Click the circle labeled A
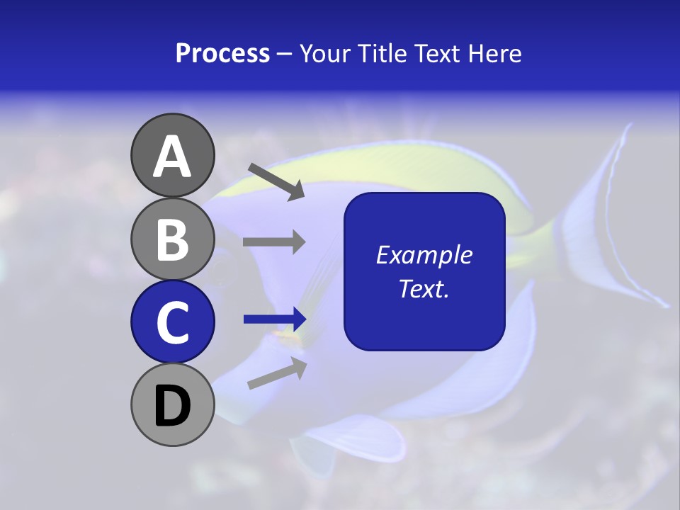172,155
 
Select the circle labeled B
172,239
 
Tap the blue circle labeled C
172,322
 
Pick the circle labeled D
172,404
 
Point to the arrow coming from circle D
277,374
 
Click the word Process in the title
222,53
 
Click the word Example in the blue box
424,255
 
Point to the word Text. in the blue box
424,288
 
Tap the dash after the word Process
284,54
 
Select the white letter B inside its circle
172,239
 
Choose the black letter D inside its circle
172,405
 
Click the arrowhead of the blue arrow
297,319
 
